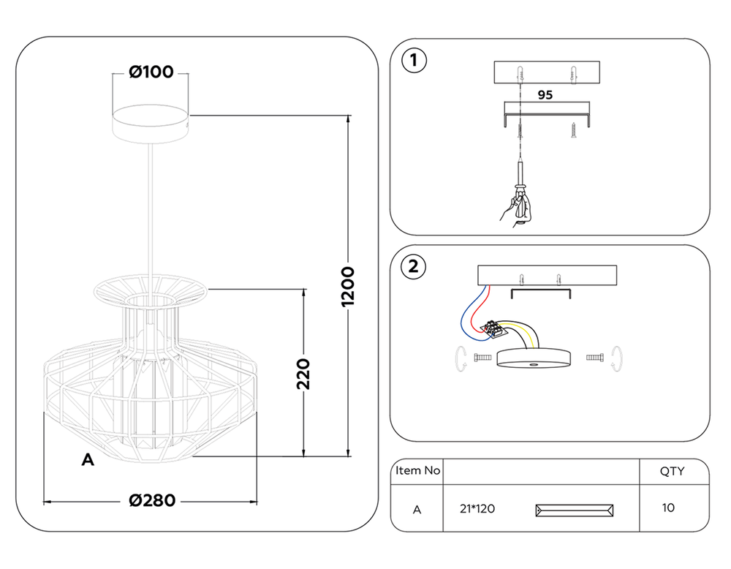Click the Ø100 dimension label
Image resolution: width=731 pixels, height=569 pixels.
pos(151,72)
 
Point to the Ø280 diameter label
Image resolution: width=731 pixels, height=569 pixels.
pos(152,500)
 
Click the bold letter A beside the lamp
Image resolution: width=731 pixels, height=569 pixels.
pos(88,460)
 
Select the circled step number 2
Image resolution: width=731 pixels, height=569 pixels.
pos(414,266)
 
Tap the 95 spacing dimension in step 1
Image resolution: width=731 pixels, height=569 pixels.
pos(545,95)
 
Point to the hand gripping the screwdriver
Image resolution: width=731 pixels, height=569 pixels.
pos(515,210)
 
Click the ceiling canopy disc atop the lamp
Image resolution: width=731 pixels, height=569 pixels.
pos(150,122)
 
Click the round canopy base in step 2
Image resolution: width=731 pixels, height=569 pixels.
pos(534,359)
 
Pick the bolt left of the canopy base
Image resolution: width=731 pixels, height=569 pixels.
pos(482,358)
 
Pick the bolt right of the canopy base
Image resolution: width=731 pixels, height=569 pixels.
pos(594,358)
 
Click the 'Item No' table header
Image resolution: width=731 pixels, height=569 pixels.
pos(417,470)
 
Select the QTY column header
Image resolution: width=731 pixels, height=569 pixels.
pos(672,471)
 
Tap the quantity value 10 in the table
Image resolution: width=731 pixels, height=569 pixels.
pos(668,508)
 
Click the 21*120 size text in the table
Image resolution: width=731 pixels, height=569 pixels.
pos(477,509)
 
